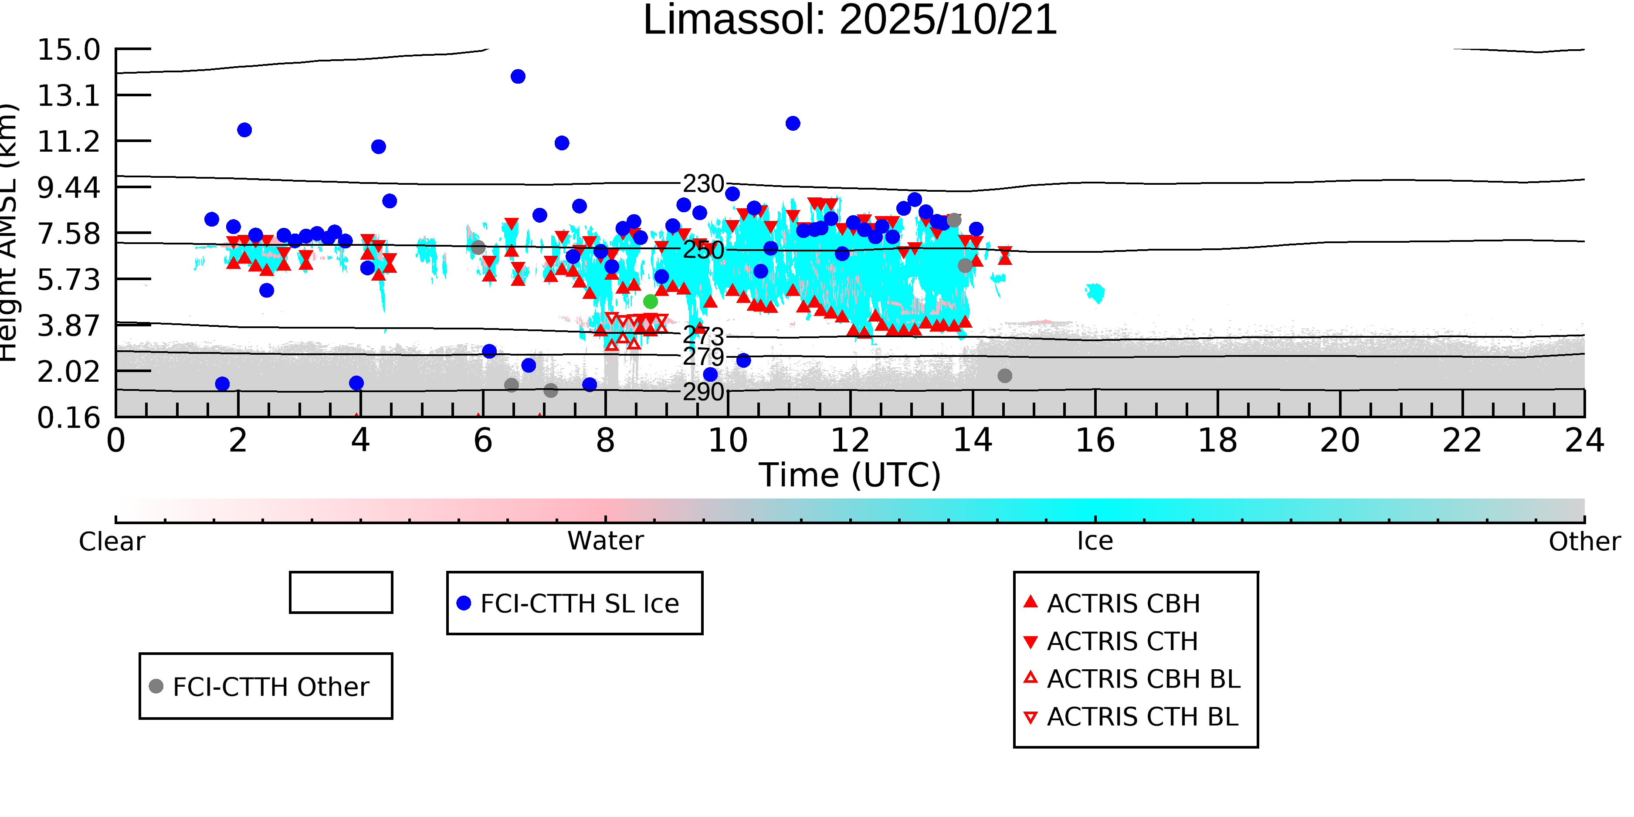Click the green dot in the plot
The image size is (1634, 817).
(650, 301)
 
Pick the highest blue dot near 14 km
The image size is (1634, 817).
(518, 77)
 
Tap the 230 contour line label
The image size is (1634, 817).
(703, 184)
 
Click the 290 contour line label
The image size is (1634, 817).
(703, 392)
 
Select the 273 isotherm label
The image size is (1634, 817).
(703, 336)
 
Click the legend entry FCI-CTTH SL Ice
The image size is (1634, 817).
(574, 603)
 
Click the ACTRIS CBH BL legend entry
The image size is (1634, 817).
(1136, 679)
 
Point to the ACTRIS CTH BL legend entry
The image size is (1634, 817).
(1136, 717)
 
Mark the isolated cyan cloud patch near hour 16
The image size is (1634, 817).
(1095, 292)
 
